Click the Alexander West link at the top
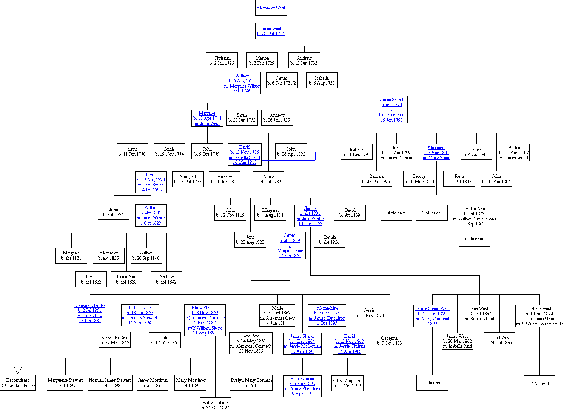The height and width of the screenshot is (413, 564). [x=271, y=8]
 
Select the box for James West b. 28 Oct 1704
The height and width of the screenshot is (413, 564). [x=271, y=31]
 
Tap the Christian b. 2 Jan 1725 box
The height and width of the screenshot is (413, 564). [x=222, y=60]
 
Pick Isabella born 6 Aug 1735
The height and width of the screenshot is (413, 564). [x=322, y=81]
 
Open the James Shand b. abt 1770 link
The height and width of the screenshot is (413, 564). [x=391, y=102]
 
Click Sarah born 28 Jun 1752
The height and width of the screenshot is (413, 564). [x=242, y=117]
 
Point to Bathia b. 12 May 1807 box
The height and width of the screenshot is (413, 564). [x=513, y=153]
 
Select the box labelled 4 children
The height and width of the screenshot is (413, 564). [x=396, y=213]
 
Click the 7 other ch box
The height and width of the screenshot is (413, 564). [x=431, y=213]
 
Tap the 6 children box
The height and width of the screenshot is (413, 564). [x=474, y=239]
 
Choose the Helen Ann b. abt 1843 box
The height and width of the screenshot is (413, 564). [x=475, y=216]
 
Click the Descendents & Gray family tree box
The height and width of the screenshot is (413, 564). [x=18, y=383]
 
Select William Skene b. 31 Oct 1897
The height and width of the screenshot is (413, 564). [x=215, y=405]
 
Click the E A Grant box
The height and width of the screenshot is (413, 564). [x=539, y=384]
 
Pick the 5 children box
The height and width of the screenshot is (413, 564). [x=432, y=383]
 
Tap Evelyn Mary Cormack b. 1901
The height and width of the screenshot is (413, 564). [x=251, y=383]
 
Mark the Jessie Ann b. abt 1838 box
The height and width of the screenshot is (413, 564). [x=126, y=279]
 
